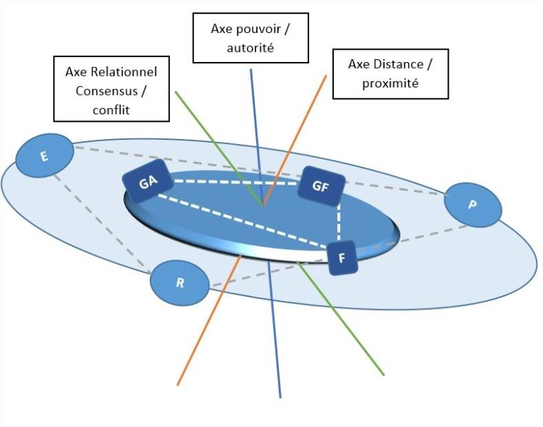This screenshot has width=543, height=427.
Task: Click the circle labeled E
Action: (44, 156)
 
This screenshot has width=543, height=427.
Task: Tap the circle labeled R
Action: (180, 283)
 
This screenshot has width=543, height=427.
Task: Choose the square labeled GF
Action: (320, 186)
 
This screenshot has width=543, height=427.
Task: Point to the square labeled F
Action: (342, 258)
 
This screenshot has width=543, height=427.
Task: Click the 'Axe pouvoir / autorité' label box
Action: (251, 39)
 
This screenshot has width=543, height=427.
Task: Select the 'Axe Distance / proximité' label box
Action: (390, 74)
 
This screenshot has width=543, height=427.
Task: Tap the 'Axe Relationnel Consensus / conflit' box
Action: (111, 90)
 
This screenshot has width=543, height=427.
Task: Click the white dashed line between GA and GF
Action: (234, 182)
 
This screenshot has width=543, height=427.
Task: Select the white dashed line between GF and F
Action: (339, 224)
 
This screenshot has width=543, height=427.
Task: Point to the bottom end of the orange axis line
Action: (178, 384)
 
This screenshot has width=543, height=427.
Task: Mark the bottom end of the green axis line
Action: (383, 375)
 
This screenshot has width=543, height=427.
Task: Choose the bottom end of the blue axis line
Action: (280, 397)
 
